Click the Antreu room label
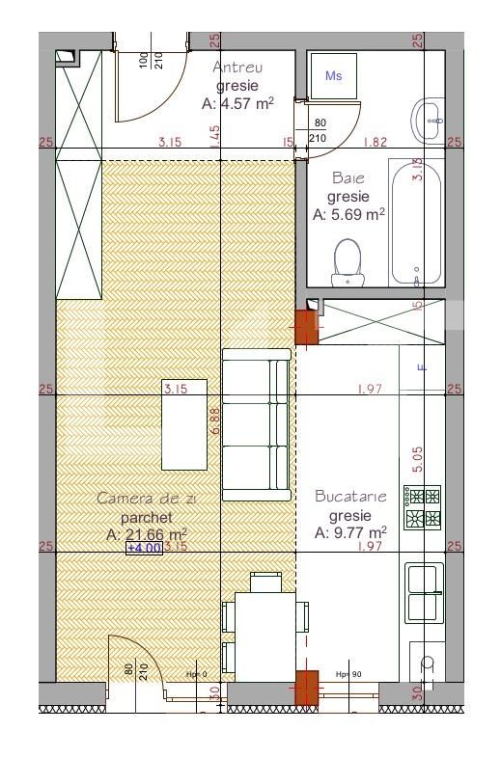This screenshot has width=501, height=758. [237, 68]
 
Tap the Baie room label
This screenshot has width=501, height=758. [348, 178]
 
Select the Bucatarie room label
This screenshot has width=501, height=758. [350, 497]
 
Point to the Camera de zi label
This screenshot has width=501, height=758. [147, 499]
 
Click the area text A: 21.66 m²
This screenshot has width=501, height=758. [147, 533]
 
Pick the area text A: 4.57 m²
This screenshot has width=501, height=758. [237, 103]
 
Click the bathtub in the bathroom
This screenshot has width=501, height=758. [417, 224]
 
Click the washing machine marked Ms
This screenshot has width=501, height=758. [333, 75]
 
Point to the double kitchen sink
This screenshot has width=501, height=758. [425, 592]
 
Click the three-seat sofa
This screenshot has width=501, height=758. [256, 424]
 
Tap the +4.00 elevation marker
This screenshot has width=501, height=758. [145, 548]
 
